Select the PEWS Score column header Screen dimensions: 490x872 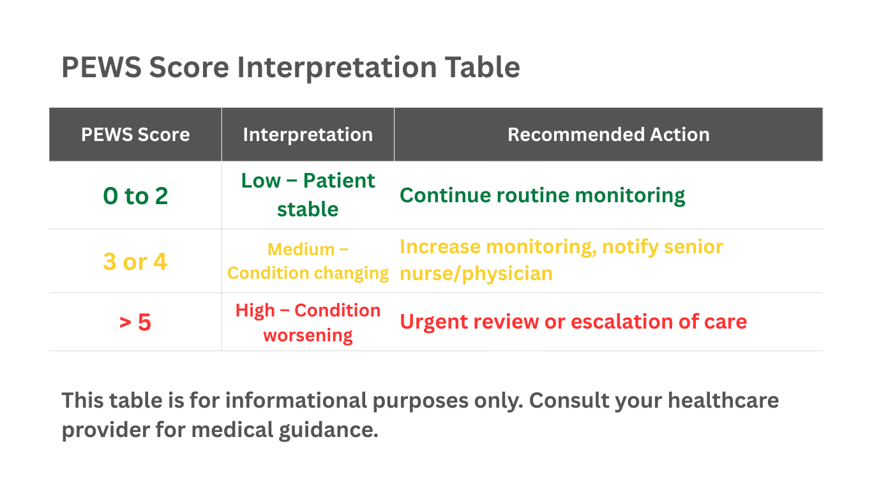pyautogui.click(x=135, y=135)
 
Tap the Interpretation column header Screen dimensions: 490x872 pyautogui.click(x=308, y=135)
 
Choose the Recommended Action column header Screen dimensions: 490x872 pyautogui.click(x=608, y=135)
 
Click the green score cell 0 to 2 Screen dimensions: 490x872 pyautogui.click(x=135, y=196)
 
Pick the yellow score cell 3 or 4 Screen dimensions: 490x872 pyautogui.click(x=135, y=262)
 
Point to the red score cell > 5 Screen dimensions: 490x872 pyautogui.click(x=135, y=323)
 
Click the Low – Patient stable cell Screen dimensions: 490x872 pyautogui.click(x=308, y=195)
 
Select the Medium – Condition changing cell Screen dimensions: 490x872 pyautogui.click(x=308, y=261)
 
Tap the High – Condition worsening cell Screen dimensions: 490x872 pyautogui.click(x=308, y=322)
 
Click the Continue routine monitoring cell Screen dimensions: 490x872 pyautogui.click(x=542, y=195)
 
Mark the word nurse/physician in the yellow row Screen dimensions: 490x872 pyautogui.click(x=476, y=274)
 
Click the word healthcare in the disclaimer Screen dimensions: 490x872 pyautogui.click(x=723, y=401)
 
